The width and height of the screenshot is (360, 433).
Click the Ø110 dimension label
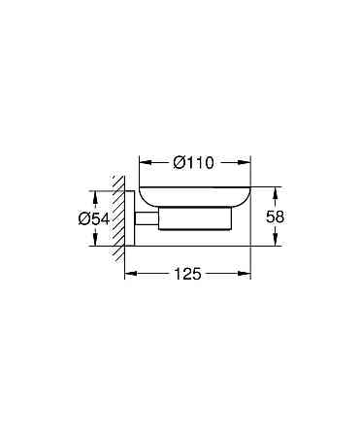click(193, 162)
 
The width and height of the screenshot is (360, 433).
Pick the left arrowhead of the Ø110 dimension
click(143, 162)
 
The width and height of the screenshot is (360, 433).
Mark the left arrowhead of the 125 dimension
click(129, 275)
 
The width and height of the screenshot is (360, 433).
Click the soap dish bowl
click(194, 194)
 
